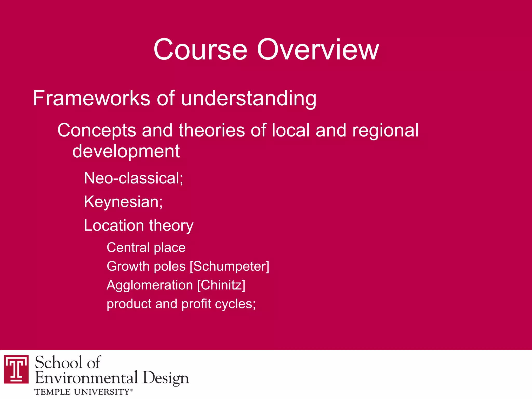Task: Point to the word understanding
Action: point(249,99)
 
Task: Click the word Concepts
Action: point(97,130)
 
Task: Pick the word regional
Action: point(385,130)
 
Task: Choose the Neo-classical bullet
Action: point(134,178)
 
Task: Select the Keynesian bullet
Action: point(123,202)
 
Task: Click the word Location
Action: point(114,225)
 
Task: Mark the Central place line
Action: point(146,247)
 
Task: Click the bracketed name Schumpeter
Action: point(230,266)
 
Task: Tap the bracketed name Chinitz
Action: point(221,285)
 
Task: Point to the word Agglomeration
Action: point(150,285)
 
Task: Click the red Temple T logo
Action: point(16,369)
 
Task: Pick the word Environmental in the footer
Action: point(86,378)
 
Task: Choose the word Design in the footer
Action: point(166,378)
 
